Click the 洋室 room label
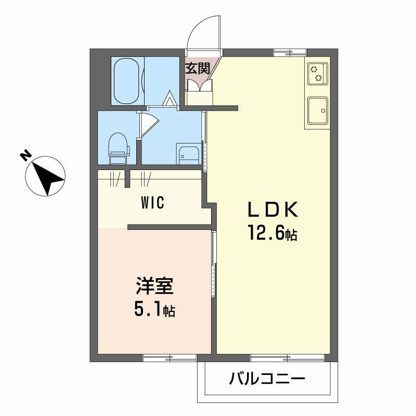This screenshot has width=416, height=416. coord(154,287)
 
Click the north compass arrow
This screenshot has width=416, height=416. coord(46,177)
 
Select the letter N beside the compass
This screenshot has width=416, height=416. coord(24,156)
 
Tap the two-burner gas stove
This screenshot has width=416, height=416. coord(317,73)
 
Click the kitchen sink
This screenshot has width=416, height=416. coord(317,110)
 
